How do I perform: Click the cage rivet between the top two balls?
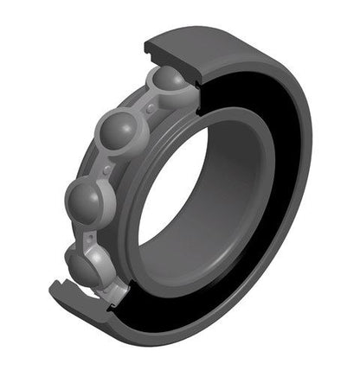point(151,109)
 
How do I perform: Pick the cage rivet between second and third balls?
point(106,169)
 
